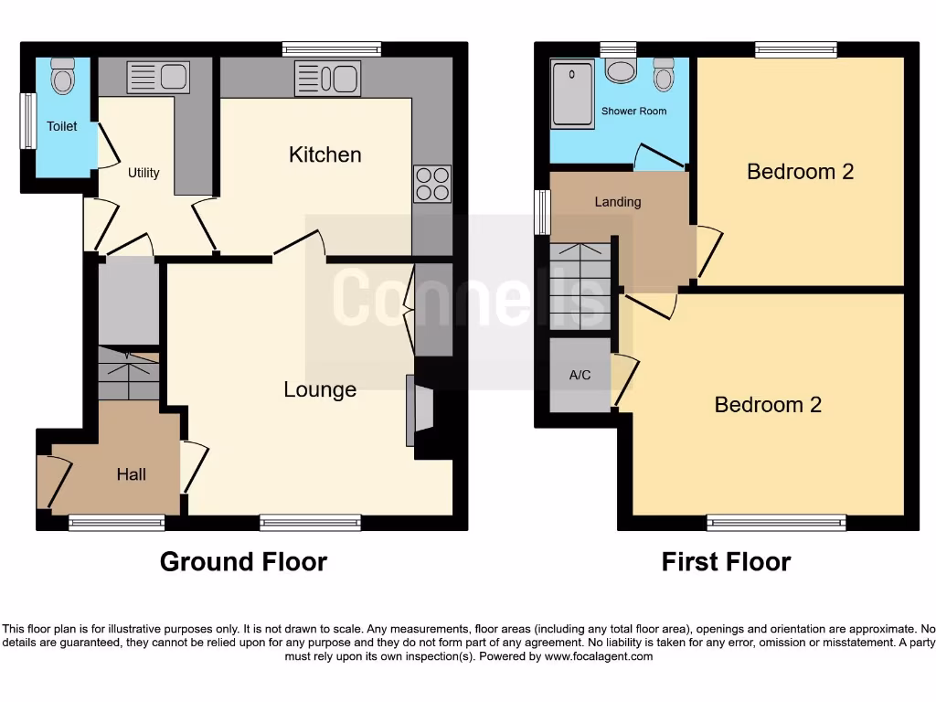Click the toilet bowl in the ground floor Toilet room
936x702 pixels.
pos(62,77)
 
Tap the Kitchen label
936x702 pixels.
pos(324,154)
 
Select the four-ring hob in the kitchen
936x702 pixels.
pos(432,183)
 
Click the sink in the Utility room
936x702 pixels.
pos(157,77)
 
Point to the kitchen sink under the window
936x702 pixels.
pos(326,79)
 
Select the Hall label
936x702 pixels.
pos(132,473)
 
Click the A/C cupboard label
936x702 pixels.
pos(580,376)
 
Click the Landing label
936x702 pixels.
pos(618,201)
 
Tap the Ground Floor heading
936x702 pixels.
pos(243,561)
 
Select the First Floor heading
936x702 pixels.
pos(726,561)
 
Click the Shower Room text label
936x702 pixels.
pos(633,111)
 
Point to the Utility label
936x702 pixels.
pos(144,172)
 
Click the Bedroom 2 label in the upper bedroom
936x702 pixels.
pos(800,171)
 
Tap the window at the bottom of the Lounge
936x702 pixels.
pos(310,523)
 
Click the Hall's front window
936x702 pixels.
pos(117,523)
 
